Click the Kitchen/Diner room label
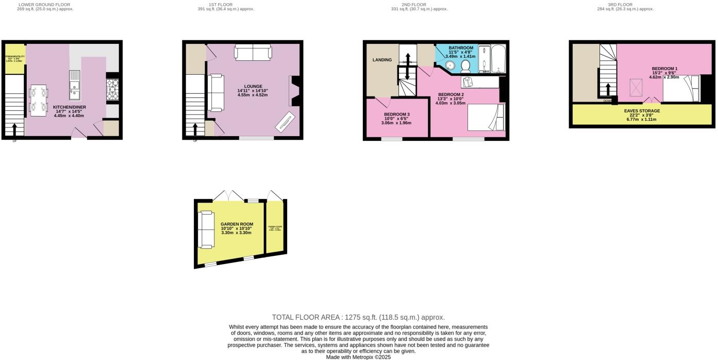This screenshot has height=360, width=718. tap(70, 107)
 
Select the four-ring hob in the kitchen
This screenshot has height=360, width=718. tap(113, 89)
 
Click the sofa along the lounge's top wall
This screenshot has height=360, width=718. tap(253, 53)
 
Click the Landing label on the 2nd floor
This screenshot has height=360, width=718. tap(382, 60)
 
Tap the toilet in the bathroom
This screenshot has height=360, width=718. tap(465, 66)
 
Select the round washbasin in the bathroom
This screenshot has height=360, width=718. tap(449, 66)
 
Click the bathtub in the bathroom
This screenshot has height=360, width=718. tap(498, 59)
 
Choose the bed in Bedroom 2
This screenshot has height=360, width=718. tap(486, 118)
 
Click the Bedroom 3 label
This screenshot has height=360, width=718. tap(397, 114)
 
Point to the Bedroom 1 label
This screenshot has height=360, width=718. tap(664, 69)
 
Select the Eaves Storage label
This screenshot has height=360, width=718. tap(642, 111)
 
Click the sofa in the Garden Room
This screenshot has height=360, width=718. tap(206, 229)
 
